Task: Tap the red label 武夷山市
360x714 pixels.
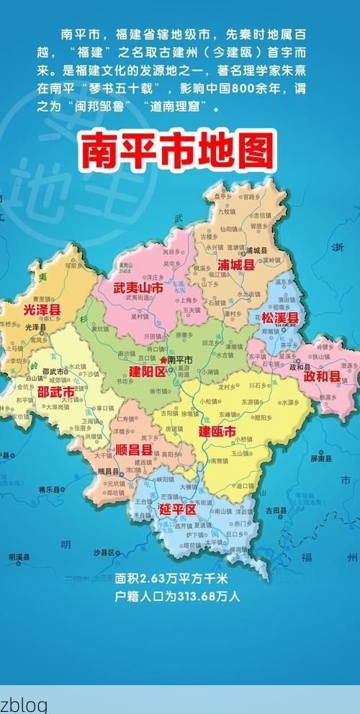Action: [138, 287]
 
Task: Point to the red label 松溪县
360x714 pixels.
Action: [279, 318]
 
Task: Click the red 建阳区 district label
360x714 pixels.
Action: [147, 372]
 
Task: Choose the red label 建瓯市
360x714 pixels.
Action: [217, 432]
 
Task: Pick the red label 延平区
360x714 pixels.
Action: [177, 509]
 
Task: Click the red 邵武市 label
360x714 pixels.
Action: [55, 392]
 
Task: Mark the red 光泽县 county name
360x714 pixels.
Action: [42, 309]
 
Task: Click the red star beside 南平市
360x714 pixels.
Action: [163, 359]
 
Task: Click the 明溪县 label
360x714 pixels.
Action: [19, 556]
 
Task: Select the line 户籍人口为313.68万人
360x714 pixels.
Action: [176, 596]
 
